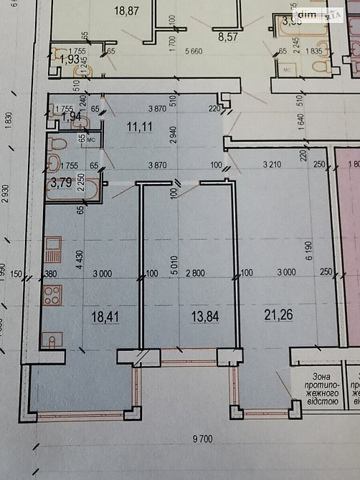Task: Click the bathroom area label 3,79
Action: click(x=62, y=183)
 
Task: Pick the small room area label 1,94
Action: click(x=71, y=115)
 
